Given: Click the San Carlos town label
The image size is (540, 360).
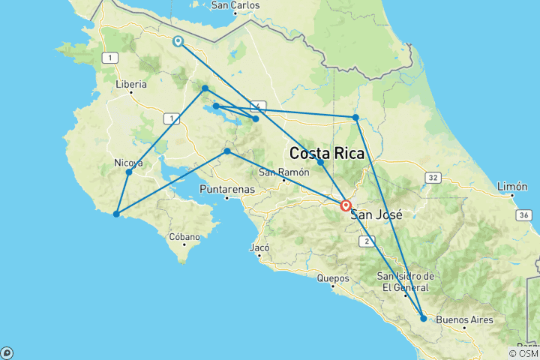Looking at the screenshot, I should pos(235,5).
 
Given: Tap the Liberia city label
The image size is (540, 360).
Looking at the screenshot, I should pos(131,85).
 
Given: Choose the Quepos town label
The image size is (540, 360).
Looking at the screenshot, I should pos(334,278).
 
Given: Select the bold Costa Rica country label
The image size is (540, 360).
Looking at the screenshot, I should pos(327,154).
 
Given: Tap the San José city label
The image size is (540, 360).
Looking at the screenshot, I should pos(372,214).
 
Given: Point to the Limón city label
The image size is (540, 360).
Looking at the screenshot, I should pos(514,186).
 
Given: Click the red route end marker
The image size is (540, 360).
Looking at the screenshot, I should pos(346,205).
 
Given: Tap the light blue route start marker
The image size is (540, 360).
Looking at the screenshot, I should pos(178,41).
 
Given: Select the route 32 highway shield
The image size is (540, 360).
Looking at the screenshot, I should pos(433,178).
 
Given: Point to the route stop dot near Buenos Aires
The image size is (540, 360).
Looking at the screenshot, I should pos(423,318).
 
